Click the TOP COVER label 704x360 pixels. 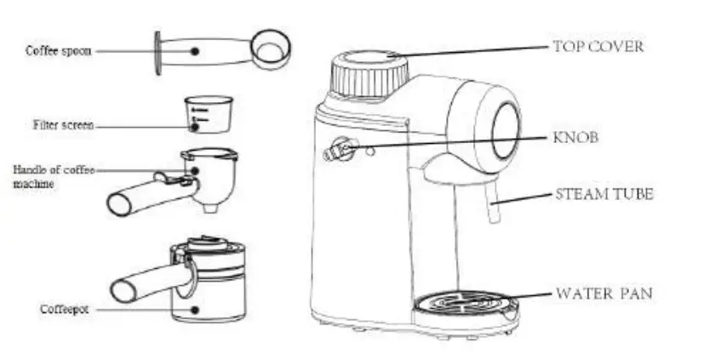(x=598, y=47)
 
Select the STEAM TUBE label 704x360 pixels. (x=604, y=194)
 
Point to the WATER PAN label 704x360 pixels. (x=604, y=294)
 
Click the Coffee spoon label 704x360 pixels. (x=58, y=51)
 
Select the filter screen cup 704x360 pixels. (x=208, y=114)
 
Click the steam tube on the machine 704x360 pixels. (x=491, y=208)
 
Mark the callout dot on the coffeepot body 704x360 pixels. (x=197, y=309)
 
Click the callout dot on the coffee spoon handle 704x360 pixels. (x=195, y=51)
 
